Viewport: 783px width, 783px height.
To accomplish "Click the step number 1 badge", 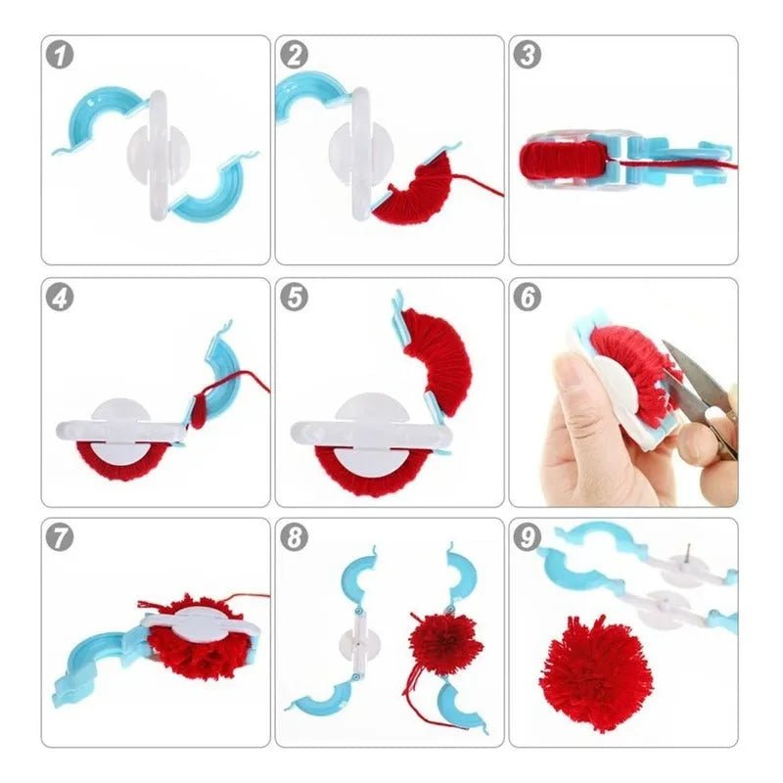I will click(63, 55).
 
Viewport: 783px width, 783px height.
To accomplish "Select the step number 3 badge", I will click(529, 55).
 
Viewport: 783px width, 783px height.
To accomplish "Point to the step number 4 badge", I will click(63, 298).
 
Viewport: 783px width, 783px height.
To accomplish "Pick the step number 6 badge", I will click(529, 298).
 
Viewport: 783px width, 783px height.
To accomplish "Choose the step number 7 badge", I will click(63, 537).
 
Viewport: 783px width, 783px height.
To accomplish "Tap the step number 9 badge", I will click(529, 537).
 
